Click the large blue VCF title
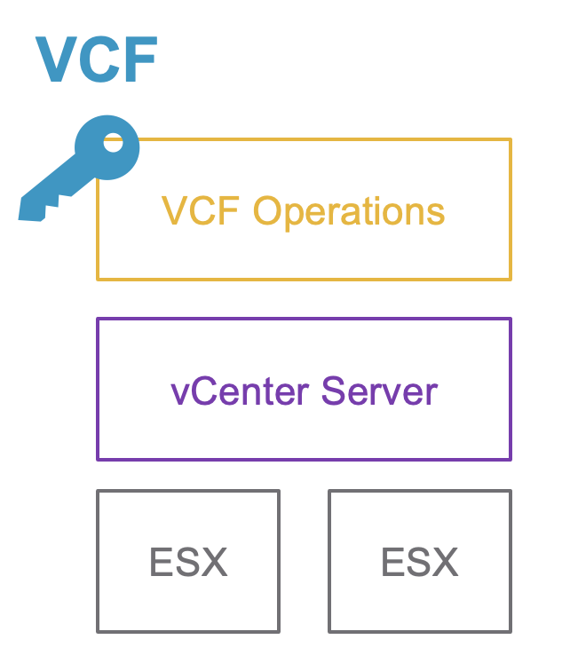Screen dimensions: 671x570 (x=97, y=60)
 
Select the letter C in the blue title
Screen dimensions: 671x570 (x=99, y=60)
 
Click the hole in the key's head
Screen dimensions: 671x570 (x=114, y=139)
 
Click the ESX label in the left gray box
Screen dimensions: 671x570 (x=188, y=562)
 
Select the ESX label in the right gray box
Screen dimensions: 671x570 (x=419, y=562)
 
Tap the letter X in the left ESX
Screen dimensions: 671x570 (x=214, y=562)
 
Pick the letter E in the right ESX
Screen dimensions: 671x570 (x=392, y=562)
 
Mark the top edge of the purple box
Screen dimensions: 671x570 (x=304, y=320)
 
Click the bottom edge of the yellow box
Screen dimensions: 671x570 (x=304, y=279)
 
